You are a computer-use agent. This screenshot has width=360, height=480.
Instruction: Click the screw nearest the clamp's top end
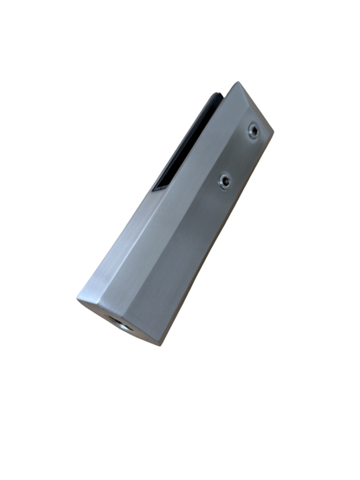pos(253,131)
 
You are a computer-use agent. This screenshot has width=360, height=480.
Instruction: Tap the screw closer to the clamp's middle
pos(224,181)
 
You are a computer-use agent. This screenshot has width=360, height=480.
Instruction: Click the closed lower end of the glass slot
pos(156,188)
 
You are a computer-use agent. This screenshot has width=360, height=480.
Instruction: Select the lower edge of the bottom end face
pos(117,323)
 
